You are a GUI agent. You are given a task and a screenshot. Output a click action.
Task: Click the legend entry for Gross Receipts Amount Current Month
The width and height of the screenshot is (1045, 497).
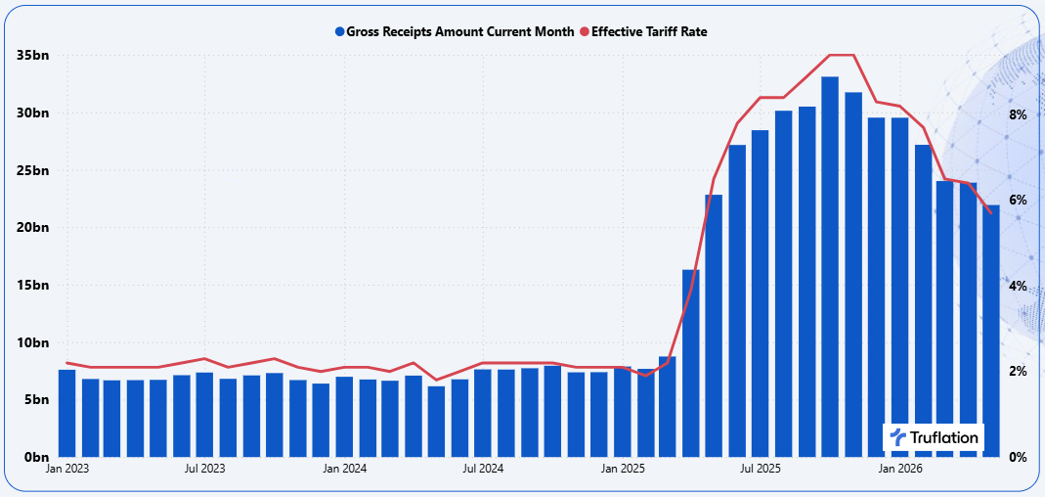pos(455,31)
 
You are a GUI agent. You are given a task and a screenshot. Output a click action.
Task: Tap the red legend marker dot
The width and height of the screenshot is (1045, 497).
pos(585,31)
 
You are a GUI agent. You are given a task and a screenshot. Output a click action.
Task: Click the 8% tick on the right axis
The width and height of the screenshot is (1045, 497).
pos(1017,114)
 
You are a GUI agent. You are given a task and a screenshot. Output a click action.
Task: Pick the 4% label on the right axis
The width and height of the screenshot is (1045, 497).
pos(1017,287)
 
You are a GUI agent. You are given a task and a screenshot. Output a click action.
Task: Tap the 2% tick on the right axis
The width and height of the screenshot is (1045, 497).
pos(1017,372)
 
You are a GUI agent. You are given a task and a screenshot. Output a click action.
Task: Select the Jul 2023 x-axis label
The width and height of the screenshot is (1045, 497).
pos(204,469)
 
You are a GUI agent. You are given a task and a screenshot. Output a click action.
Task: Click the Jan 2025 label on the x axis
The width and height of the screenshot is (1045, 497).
pos(623,469)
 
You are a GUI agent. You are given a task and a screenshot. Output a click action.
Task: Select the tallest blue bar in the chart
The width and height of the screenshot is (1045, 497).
pos(830,267)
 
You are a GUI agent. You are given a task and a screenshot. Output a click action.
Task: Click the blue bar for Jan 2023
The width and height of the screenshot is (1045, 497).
pos(67,413)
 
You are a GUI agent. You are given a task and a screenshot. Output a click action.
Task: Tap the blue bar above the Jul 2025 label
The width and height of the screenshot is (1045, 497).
pos(761,294)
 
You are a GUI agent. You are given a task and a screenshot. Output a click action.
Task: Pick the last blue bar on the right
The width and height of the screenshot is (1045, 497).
pos(991,331)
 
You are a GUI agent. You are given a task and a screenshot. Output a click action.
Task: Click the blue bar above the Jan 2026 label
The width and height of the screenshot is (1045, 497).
pos(899,288)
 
